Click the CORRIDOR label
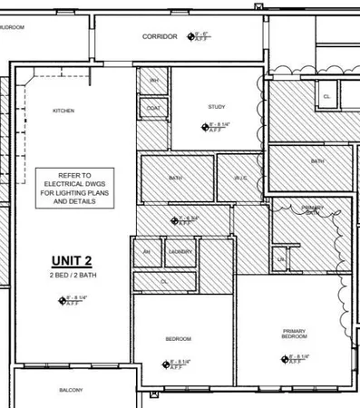(160, 37)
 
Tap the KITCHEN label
(63, 111)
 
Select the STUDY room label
(216, 107)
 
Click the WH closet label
(153, 81)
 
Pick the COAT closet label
(153, 108)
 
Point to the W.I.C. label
(241, 178)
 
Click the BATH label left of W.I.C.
(175, 178)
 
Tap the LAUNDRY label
(180, 251)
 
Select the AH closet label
(146, 251)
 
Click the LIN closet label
(281, 259)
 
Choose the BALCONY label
(71, 390)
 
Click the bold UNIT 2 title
(72, 257)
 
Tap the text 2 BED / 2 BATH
(72, 274)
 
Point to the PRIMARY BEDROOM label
(295, 334)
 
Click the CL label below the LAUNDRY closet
(164, 281)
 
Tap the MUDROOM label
(13, 28)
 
